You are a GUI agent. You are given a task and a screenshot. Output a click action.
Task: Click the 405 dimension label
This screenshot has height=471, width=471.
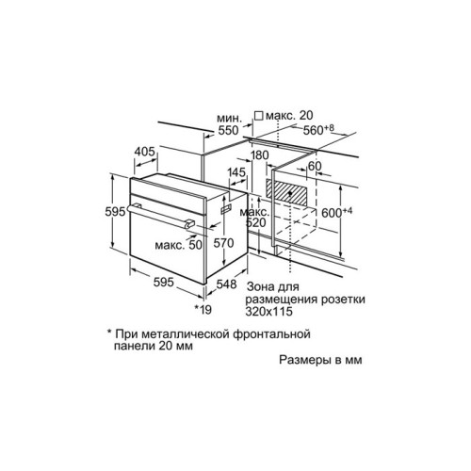pos(145,152)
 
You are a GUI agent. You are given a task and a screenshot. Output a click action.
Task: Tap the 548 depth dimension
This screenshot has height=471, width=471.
pos(226,284)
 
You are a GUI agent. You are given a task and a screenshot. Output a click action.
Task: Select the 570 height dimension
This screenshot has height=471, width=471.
pos(223,243)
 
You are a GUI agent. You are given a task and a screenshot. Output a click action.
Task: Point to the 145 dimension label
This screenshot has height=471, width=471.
pos(236,172)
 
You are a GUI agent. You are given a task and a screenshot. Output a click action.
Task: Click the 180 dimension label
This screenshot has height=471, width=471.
pos(260,154)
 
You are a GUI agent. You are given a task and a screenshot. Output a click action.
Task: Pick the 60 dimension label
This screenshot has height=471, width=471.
pos(315,166)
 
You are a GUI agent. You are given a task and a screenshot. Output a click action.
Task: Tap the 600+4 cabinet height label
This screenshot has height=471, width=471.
pos(337,212)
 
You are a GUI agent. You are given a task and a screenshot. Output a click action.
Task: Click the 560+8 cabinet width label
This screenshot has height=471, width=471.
pos(318,129)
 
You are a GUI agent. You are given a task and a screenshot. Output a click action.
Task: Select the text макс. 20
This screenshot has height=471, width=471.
pos(289,116)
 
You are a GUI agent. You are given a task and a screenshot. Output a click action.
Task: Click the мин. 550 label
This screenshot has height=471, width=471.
pos(229,124)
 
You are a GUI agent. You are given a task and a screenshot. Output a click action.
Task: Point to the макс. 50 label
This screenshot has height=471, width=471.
pos(178,245)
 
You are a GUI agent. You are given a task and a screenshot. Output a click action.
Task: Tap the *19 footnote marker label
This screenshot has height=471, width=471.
pos(203,310)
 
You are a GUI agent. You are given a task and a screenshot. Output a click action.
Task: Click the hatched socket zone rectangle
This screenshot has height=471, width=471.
pos(286,192)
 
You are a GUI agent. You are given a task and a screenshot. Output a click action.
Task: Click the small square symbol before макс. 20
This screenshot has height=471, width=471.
pos(259,116)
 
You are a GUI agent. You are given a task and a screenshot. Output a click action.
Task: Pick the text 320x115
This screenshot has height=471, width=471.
pos(269,311)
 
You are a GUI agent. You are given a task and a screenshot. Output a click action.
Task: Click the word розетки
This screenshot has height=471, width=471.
pos(343,299)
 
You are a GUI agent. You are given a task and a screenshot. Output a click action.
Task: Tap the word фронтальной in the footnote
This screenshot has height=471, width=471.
pos(272,333)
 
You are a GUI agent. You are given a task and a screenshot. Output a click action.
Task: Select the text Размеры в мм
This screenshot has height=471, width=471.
pos(320,360)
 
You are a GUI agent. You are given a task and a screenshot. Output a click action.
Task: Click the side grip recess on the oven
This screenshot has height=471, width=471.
pos(226,208)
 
